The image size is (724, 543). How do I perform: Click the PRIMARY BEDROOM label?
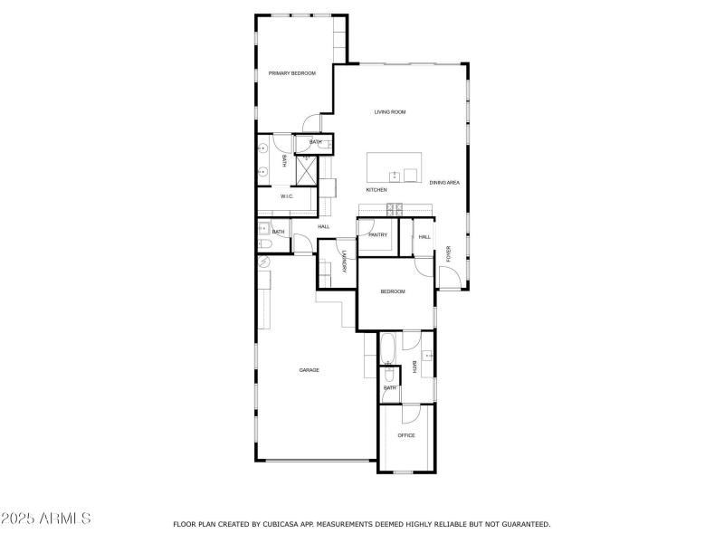(291, 73)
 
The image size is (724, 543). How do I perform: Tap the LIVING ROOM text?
(390, 112)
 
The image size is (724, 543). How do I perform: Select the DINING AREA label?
(445, 183)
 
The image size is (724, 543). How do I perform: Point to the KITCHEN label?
(376, 190)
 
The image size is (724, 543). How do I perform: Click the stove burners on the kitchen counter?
(395, 210)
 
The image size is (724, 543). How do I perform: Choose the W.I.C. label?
(286, 196)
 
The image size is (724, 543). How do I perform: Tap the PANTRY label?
(378, 235)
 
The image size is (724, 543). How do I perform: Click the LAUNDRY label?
(345, 262)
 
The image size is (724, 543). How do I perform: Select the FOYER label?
(447, 253)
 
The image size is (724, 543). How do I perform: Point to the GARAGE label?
(310, 369)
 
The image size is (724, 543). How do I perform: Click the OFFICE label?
(406, 435)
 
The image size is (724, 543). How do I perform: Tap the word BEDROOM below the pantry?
(392, 291)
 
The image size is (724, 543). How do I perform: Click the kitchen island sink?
(395, 175)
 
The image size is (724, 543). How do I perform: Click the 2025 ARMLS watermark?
(46, 519)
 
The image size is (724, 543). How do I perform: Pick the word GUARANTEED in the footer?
(522, 524)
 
